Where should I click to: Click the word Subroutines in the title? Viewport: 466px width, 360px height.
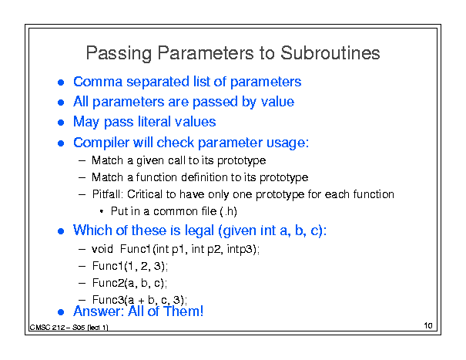pyautogui.click(x=330, y=53)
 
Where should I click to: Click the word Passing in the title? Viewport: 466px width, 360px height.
pyautogui.click(x=119, y=53)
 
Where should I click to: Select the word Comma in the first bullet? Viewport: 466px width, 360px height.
pyautogui.click(x=98, y=82)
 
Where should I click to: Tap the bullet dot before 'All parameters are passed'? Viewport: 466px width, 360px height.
pyautogui.click(x=61, y=103)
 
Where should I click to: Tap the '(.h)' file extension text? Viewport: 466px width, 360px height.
pyautogui.click(x=228, y=211)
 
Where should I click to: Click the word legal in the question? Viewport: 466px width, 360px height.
pyautogui.click(x=199, y=230)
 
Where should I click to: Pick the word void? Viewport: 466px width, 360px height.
pyautogui.click(x=102, y=249)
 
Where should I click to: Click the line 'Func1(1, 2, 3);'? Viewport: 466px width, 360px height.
pyautogui.click(x=130, y=266)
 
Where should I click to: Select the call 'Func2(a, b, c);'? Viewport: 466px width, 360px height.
pyautogui.click(x=129, y=283)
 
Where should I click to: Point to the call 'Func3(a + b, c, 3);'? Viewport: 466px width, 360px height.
pyautogui.click(x=139, y=300)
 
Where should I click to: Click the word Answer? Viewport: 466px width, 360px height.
pyautogui.click(x=99, y=311)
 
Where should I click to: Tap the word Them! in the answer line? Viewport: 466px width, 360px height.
pyautogui.click(x=183, y=311)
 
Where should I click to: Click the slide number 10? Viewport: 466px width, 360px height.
pyautogui.click(x=428, y=325)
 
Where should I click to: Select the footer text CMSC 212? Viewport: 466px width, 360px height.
pyautogui.click(x=47, y=328)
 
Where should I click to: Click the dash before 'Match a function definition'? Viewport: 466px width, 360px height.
pyautogui.click(x=82, y=177)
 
